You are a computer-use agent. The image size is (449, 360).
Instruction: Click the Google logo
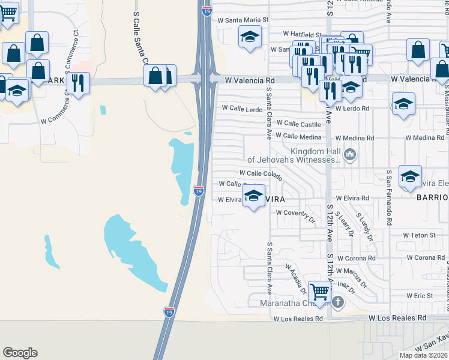tap(20, 353)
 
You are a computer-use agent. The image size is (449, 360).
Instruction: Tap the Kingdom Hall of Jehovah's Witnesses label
tap(294, 155)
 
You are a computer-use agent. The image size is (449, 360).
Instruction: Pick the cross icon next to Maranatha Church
tap(338, 302)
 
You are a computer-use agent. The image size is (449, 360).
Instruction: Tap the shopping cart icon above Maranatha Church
tap(320, 291)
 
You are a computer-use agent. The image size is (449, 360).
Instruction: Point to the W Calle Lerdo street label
tap(243, 109)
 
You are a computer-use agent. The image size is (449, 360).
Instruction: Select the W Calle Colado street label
tap(261, 173)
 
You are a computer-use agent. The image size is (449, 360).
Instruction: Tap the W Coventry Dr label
tap(295, 213)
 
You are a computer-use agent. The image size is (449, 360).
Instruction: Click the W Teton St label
tap(418, 235)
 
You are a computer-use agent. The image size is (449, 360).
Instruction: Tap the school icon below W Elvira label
tap(254, 196)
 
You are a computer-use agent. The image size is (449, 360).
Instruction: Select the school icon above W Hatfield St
tap(250, 37)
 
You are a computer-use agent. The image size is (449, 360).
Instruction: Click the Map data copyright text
tap(424, 355)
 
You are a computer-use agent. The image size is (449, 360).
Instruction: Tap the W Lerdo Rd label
tap(352, 109)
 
